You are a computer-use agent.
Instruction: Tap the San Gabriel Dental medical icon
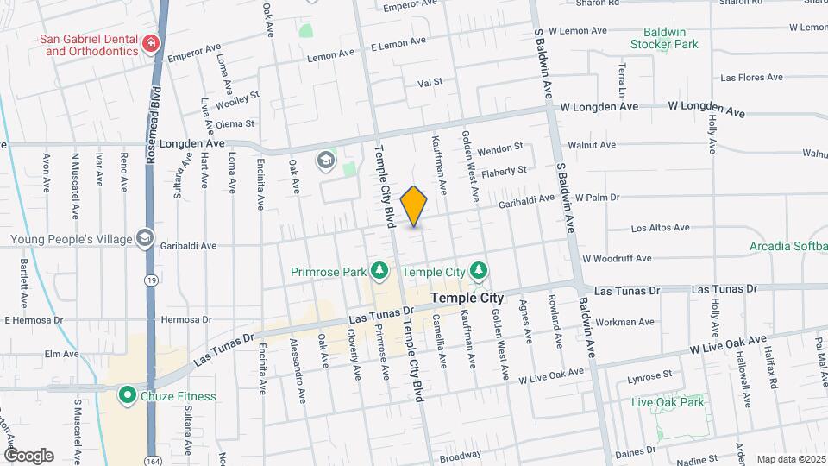(x=152, y=43)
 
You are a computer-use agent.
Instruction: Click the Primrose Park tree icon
(x=379, y=272)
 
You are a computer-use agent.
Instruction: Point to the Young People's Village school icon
(x=144, y=239)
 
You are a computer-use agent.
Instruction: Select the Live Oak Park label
(x=668, y=402)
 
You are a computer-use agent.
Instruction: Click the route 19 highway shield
(x=151, y=280)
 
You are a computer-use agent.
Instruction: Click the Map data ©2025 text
(x=789, y=459)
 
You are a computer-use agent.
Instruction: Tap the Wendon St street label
(x=506, y=148)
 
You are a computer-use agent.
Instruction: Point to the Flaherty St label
(x=504, y=172)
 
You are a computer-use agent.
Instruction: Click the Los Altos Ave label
(x=660, y=229)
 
